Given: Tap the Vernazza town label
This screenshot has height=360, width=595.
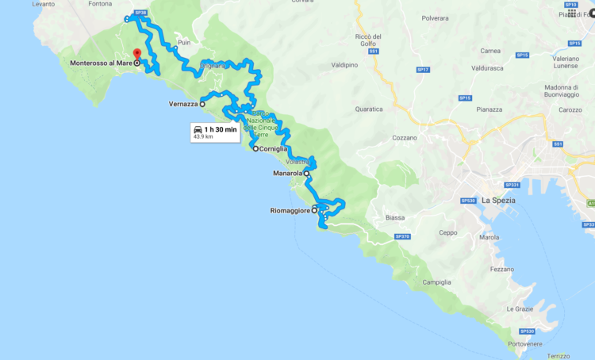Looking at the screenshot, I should pos(182,104).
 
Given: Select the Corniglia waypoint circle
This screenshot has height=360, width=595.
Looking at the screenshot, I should pos(255,148).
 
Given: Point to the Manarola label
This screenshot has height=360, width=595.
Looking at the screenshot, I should pos(287,173).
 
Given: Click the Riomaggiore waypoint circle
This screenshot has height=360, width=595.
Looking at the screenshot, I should pos(315,210).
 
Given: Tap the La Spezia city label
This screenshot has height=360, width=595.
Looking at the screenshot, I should pos(498,201).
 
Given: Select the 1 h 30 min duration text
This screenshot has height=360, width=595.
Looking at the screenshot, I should pos(221,128).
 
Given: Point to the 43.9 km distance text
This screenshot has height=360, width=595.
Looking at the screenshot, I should pos(203,137).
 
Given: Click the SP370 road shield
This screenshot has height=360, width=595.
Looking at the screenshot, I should pos(402,236).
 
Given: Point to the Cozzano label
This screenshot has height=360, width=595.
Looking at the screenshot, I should pos(404,137).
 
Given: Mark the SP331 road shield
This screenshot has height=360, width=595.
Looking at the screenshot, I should pos(512,186).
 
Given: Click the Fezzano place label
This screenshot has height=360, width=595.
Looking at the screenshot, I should pos(501,269).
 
